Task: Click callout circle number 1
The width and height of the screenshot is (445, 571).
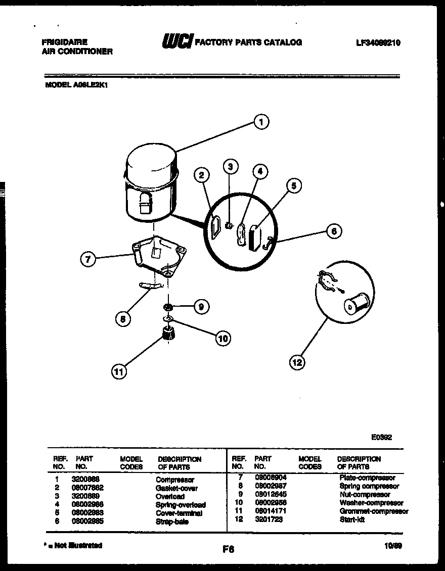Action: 261,122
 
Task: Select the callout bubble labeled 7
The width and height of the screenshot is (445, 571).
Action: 87,260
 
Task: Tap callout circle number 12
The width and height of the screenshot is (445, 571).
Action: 297,361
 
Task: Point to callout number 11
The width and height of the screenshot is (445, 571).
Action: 119,372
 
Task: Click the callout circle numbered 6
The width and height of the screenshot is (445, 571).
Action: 333,231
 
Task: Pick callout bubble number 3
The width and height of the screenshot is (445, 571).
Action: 231,166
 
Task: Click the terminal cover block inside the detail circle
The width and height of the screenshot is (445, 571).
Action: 254,237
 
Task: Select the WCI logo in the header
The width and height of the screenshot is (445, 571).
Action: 176,42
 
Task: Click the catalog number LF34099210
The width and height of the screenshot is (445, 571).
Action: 378,43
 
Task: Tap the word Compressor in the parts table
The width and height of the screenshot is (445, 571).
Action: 174,480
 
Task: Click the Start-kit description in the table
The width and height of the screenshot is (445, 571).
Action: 352,519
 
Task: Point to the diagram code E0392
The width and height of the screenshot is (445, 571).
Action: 382,438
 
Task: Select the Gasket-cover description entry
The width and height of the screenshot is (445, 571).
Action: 176,488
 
